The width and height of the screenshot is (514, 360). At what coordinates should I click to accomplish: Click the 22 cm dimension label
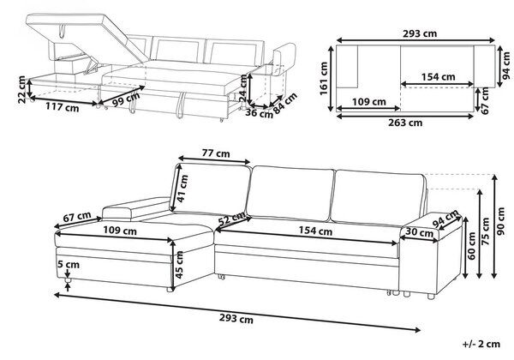[22, 89]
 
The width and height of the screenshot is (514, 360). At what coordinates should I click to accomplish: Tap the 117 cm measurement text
[62, 107]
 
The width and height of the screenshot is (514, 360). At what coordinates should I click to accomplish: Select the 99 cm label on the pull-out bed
[126, 99]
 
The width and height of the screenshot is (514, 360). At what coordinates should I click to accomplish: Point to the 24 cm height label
[243, 87]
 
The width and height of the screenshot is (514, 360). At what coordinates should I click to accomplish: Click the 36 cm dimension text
[259, 113]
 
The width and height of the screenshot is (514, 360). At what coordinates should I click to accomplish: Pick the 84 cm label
[285, 103]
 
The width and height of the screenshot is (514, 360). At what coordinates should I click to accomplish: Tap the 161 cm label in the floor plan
[324, 79]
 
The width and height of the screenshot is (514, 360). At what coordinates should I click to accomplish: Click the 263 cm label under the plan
[405, 123]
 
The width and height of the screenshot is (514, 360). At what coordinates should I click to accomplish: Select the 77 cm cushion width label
[216, 153]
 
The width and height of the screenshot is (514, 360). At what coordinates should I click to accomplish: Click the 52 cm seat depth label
[232, 219]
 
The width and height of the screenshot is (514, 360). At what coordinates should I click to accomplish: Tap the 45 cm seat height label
[179, 265]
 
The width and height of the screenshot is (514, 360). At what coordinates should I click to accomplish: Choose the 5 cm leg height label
[69, 264]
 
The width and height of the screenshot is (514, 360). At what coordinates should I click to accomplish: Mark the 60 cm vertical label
[472, 246]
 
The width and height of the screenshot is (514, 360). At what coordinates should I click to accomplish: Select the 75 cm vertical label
[486, 231]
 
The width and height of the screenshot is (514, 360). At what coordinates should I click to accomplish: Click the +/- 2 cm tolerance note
[481, 344]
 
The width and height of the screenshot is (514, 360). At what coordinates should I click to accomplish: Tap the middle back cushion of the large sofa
[291, 193]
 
